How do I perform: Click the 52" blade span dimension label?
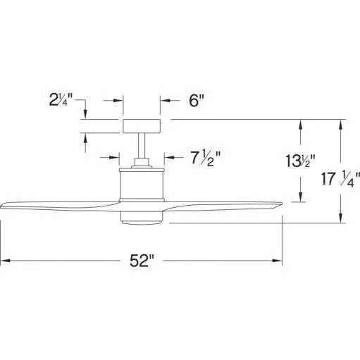pos(142,261)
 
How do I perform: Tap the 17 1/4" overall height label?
pos(340,179)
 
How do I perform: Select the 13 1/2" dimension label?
pos(300,161)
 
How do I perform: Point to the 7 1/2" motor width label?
pos(206,159)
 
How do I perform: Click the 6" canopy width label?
pos(197,101)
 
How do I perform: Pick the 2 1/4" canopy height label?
pos(61,99)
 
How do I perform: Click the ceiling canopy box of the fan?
pos(142,126)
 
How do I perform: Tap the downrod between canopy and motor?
pos(142,146)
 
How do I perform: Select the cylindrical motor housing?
pos(142,185)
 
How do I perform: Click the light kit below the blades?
pos(142,218)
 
